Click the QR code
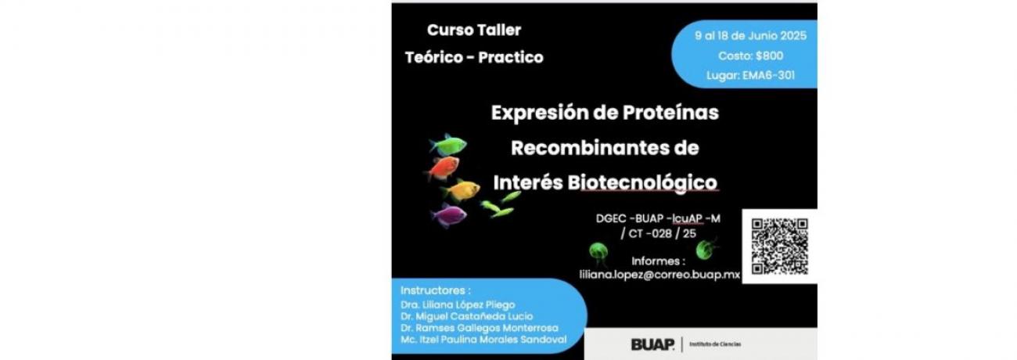(779, 247)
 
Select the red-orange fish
(442, 167)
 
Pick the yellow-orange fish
(460, 189)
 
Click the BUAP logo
(652, 344)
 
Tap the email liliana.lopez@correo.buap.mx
(659, 275)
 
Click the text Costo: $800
(750, 56)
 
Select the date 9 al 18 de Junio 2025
(750, 36)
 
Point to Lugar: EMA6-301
(750, 75)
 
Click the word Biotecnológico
(642, 183)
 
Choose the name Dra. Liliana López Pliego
(458, 304)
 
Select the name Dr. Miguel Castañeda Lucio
(467, 316)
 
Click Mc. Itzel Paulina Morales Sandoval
(483, 340)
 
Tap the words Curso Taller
(474, 30)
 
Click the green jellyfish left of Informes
(598, 254)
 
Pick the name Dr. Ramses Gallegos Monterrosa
(480, 328)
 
